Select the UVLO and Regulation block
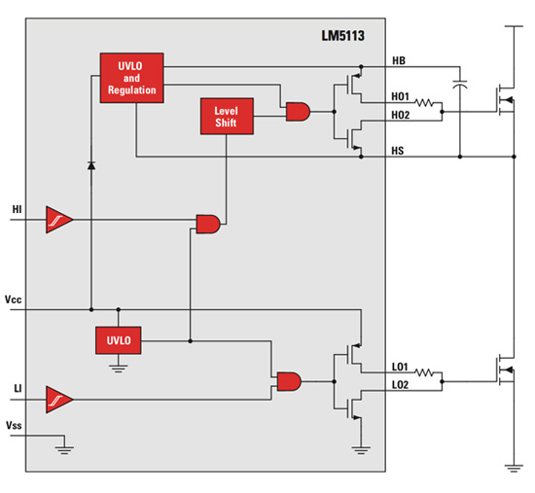click(129, 77)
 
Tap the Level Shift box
click(226, 116)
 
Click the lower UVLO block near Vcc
click(119, 340)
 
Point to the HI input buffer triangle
click(59, 223)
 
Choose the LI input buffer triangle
click(59, 400)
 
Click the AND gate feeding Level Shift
click(208, 223)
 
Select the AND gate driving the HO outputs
click(297, 113)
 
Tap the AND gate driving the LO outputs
click(289, 381)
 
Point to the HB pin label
click(399, 60)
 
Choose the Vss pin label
click(16, 426)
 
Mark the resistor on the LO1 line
click(426, 374)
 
